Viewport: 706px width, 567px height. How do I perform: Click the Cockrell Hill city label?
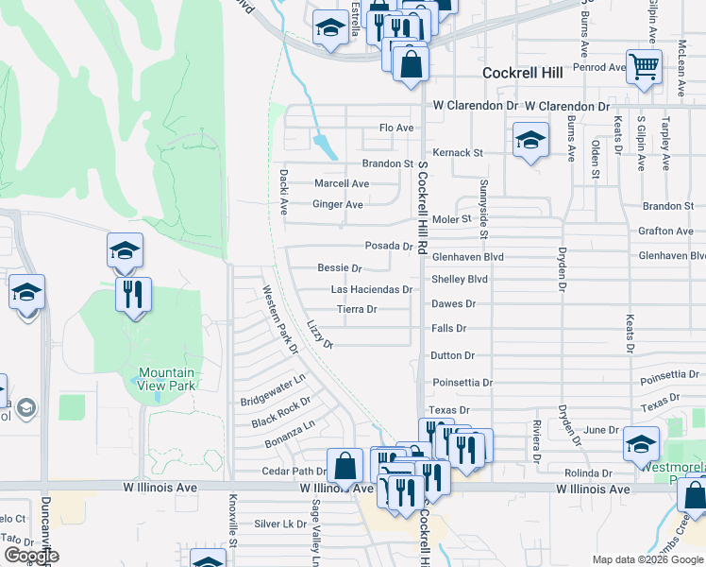522,73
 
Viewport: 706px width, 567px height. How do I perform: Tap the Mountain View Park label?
165,379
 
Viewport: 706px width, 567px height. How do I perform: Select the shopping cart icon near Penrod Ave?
644,67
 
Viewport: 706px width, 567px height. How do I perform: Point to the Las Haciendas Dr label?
371,289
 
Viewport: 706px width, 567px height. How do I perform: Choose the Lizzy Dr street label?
321,334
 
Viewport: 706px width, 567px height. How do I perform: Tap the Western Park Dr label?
279,320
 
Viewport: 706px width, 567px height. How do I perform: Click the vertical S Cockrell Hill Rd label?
423,203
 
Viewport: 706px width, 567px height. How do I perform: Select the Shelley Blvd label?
460,280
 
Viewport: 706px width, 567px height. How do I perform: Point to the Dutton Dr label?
452,355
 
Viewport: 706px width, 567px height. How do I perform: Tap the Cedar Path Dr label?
294,471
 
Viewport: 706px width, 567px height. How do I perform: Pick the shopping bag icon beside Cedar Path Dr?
346,465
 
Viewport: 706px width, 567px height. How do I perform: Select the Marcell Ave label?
342,183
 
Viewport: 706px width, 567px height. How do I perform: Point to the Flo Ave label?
396,128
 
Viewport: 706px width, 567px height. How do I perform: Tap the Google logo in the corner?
31,556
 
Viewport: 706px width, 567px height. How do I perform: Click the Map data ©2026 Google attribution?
646,559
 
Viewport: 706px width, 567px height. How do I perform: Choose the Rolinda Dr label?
588,472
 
